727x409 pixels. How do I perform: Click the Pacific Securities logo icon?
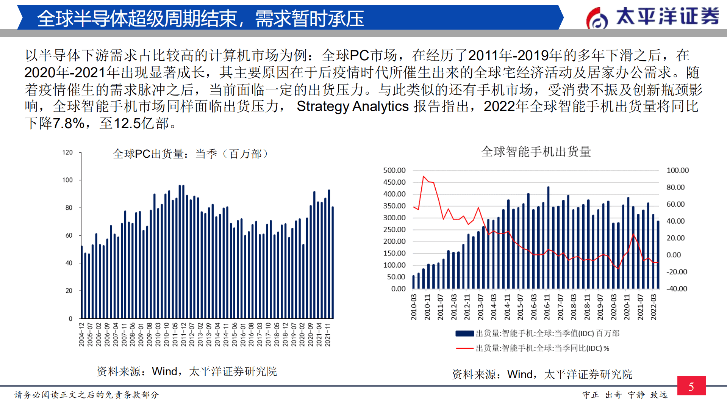pyautogui.click(x=597, y=18)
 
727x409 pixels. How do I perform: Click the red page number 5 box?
pyautogui.click(x=691, y=386)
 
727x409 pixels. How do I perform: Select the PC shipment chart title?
pyautogui.click(x=190, y=154)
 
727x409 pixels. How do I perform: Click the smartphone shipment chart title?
pyautogui.click(x=536, y=152)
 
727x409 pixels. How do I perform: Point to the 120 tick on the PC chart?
pyautogui.click(x=67, y=152)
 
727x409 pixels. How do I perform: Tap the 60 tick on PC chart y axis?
pyautogui.click(x=69, y=235)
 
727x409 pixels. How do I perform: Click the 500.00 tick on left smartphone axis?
pyautogui.click(x=394, y=170)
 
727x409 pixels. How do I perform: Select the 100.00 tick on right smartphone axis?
pyautogui.click(x=677, y=170)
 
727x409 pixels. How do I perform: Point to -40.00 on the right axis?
pyautogui.click(x=677, y=288)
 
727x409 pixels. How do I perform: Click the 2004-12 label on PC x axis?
pyautogui.click(x=81, y=334)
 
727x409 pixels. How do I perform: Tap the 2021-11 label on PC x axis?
pyautogui.click(x=328, y=334)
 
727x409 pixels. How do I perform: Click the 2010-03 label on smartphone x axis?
pyautogui.click(x=414, y=307)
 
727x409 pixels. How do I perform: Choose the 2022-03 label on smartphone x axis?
pyautogui.click(x=654, y=307)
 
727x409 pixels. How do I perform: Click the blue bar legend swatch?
pyautogui.click(x=464, y=334)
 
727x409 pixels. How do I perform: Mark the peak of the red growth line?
pyautogui.click(x=424, y=177)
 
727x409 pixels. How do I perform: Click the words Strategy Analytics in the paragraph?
pyautogui.click(x=352, y=107)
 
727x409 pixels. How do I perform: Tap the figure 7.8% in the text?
pyautogui.click(x=69, y=123)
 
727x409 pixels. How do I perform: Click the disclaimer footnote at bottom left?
pyautogui.click(x=86, y=395)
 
